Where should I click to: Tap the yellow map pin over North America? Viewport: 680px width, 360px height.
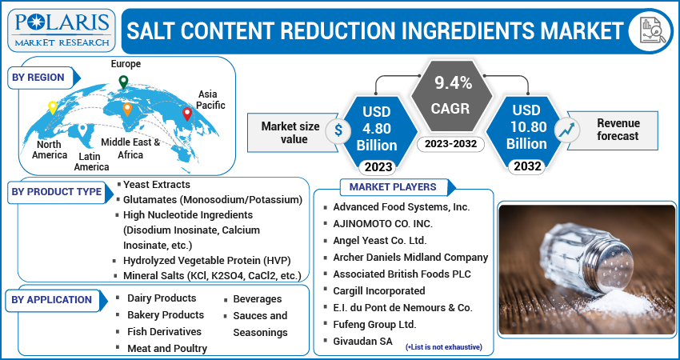point(53,107)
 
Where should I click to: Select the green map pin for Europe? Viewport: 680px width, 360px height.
point(123,82)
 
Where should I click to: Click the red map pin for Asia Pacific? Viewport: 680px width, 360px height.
point(187,114)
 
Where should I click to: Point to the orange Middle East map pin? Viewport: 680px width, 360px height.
point(127,109)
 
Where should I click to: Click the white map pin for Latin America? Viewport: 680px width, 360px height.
point(82,129)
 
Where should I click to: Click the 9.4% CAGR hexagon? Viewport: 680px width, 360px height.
point(453,95)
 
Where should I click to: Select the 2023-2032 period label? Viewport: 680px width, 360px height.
point(453,145)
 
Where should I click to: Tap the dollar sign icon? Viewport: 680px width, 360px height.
point(339,130)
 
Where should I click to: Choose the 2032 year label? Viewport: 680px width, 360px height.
point(527,167)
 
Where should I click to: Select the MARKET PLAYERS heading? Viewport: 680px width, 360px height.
point(393,187)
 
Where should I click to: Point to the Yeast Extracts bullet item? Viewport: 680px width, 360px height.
point(157,185)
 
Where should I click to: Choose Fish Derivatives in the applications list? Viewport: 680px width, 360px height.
point(164,331)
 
